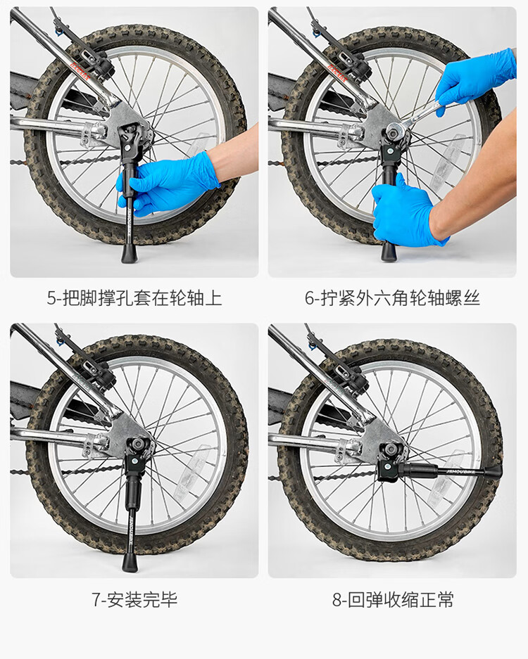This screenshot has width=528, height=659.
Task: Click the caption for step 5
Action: tap(134, 298)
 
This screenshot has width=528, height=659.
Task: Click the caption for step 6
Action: tap(392, 298)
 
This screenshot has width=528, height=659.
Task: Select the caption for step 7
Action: tap(134, 599)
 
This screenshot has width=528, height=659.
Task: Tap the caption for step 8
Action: tap(393, 599)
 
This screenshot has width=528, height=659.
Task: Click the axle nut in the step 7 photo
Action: tap(138, 443)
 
